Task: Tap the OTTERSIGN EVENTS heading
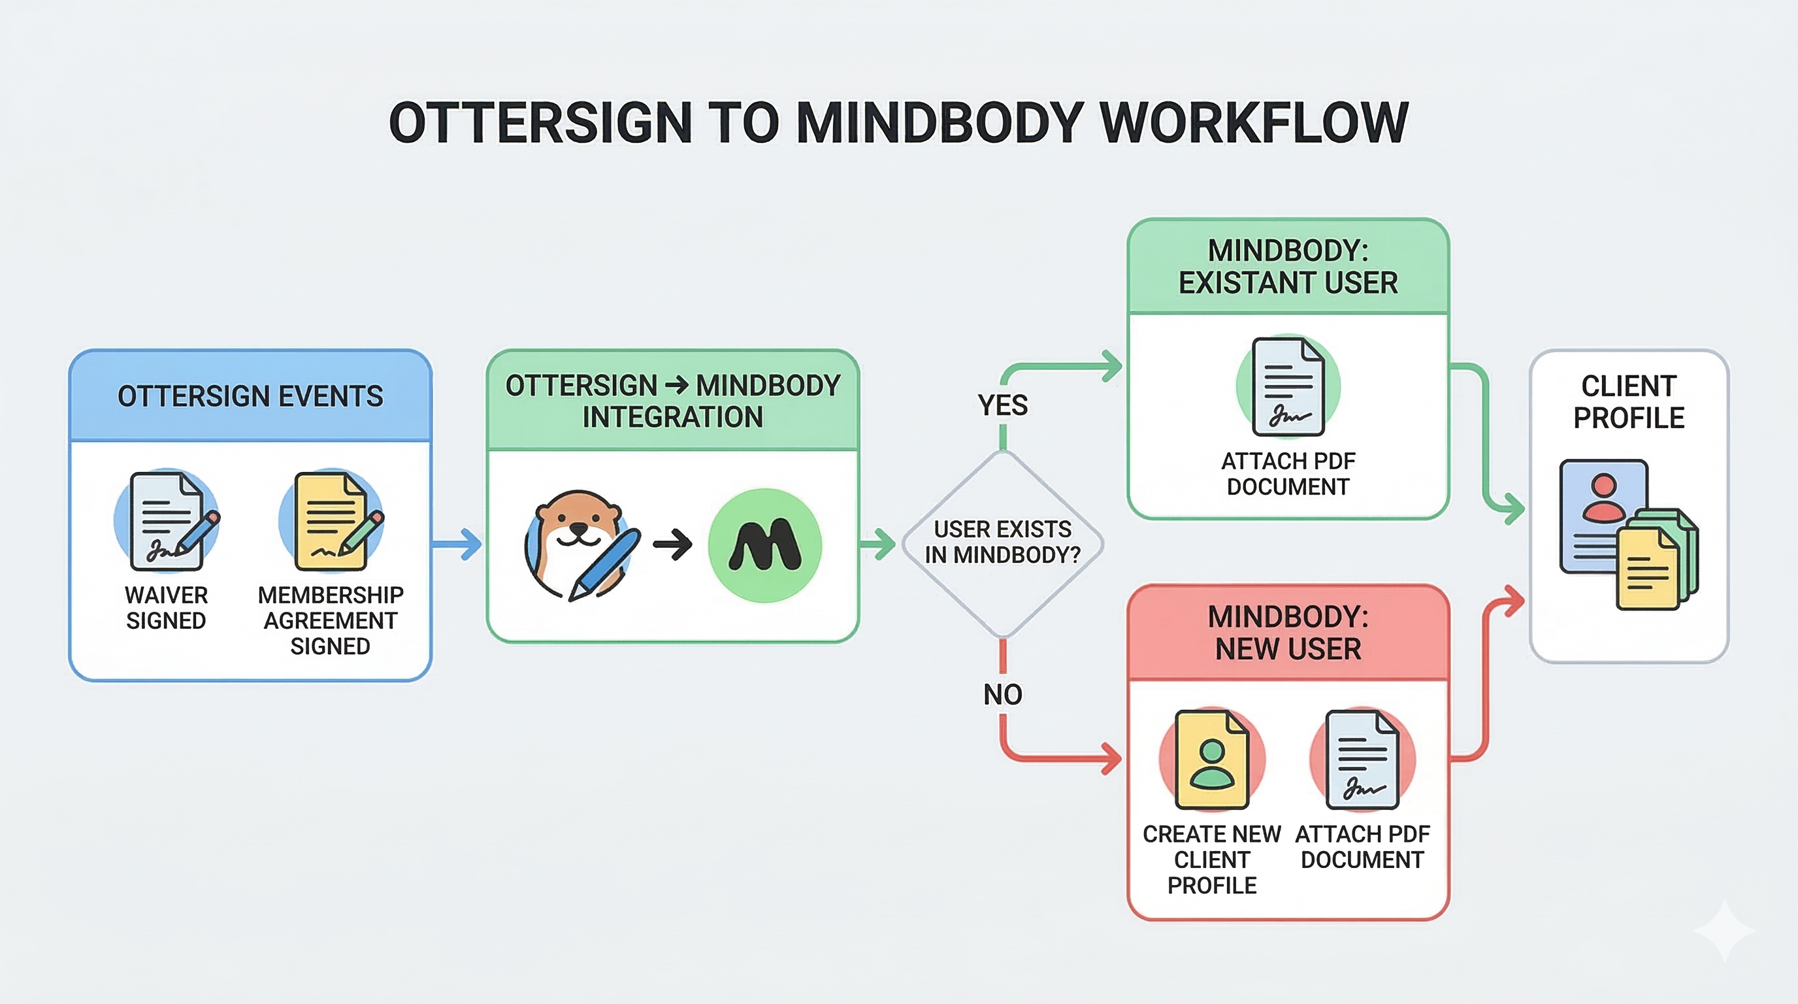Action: pyautogui.click(x=250, y=396)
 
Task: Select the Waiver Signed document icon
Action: pyautogui.click(x=167, y=521)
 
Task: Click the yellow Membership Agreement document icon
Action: pyautogui.click(x=331, y=521)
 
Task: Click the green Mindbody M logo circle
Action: pyautogui.click(x=764, y=545)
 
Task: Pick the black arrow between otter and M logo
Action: pyautogui.click(x=673, y=544)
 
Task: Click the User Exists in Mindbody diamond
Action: pyautogui.click(x=1002, y=543)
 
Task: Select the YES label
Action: pyautogui.click(x=1002, y=405)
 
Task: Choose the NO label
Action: pyautogui.click(x=1002, y=695)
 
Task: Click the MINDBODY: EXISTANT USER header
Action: pyautogui.click(x=1288, y=267)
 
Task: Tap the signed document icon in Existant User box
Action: pyautogui.click(x=1288, y=386)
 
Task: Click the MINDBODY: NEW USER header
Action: pyautogui.click(x=1288, y=633)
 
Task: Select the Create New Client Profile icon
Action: pyautogui.click(x=1212, y=760)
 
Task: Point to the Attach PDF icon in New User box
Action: pyautogui.click(x=1362, y=760)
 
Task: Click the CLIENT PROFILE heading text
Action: pyautogui.click(x=1628, y=402)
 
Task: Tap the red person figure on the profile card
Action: pyautogui.click(x=1604, y=497)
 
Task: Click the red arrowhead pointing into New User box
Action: pyautogui.click(x=1111, y=759)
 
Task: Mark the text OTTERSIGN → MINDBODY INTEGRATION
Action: pyautogui.click(x=673, y=401)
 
